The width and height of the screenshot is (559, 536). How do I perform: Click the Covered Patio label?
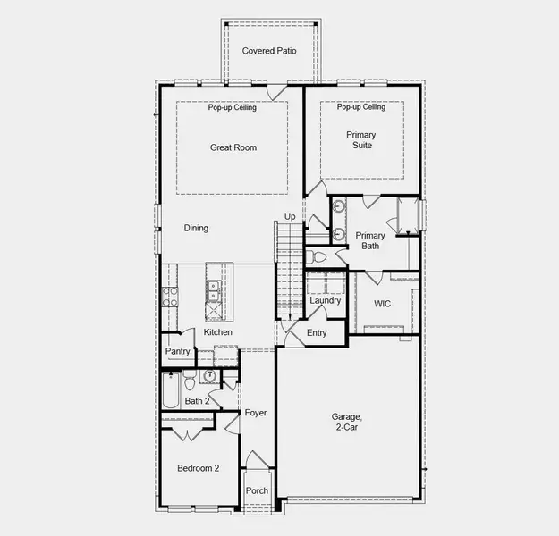tap(269, 51)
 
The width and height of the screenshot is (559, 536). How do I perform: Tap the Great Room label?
tap(233, 147)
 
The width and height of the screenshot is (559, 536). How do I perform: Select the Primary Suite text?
tap(361, 140)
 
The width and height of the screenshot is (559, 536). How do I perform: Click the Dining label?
tap(196, 228)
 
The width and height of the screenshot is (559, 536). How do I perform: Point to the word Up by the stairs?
tap(290, 216)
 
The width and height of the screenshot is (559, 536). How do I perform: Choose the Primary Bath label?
tap(370, 240)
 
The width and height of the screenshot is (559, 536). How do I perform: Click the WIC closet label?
tap(382, 304)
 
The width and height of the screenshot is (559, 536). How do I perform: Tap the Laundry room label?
tap(326, 300)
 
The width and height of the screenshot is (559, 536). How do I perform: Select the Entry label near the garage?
tap(317, 333)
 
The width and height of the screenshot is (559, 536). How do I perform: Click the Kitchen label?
tap(217, 332)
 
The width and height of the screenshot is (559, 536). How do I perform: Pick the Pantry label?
tap(178, 352)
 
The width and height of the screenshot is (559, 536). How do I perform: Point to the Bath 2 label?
tap(197, 401)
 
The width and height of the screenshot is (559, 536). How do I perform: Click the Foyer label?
tap(256, 413)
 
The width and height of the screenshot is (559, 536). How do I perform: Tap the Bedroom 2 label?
tap(198, 467)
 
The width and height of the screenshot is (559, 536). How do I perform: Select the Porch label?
tap(258, 490)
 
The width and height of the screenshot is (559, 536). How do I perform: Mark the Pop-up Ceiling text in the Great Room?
tap(233, 108)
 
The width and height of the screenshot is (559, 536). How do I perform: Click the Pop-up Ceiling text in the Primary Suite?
tap(361, 108)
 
